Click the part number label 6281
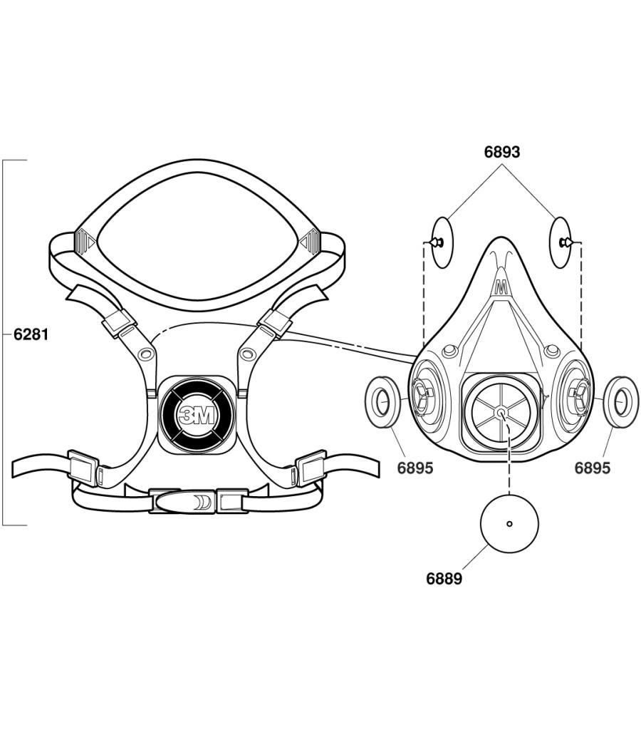[x=31, y=334]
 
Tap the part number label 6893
[x=502, y=152]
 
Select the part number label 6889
[x=444, y=579]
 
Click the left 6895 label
[x=415, y=468]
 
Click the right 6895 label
[x=593, y=468]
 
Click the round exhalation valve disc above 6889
[x=509, y=524]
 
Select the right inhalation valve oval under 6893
[x=561, y=243]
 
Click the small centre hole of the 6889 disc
[x=509, y=524]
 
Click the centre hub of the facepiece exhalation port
[x=503, y=412]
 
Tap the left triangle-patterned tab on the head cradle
[x=84, y=241]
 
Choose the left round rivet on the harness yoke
[x=146, y=354]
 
